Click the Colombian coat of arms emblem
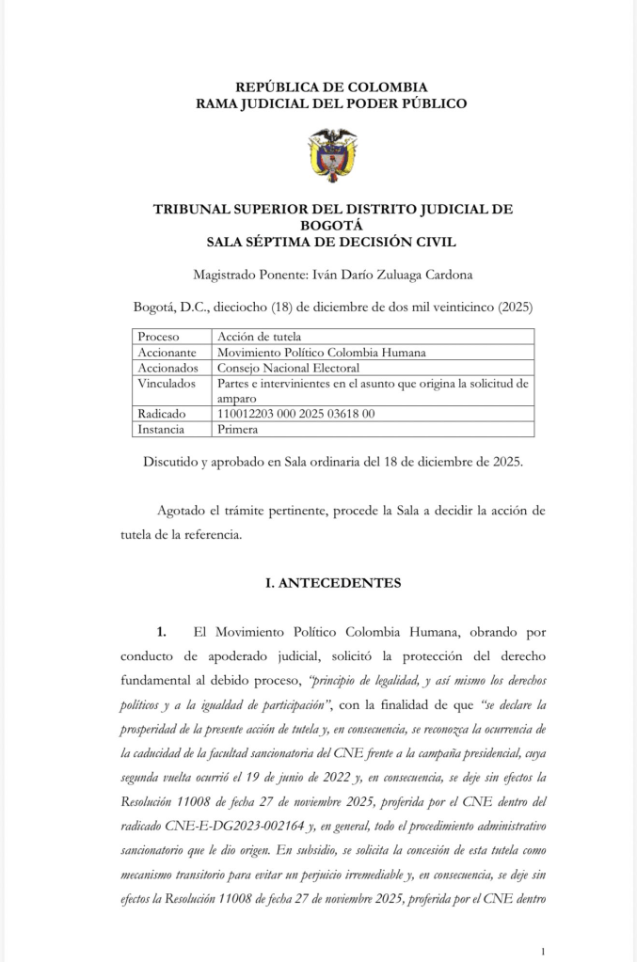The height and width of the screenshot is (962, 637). tap(332, 155)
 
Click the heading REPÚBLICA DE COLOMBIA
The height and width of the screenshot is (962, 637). tap(331, 87)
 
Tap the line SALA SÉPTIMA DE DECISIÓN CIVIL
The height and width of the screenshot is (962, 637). tap(331, 242)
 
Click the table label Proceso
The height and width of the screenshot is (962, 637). tap(158, 337)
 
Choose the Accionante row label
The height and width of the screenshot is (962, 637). tap(167, 353)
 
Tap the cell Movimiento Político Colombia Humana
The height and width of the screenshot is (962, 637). tap(322, 353)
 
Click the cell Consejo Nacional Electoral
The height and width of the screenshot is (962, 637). tap(288, 368)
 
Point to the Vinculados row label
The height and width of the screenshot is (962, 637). tap(167, 384)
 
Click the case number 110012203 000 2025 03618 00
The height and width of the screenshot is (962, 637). tap(296, 414)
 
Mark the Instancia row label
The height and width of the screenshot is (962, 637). tap(163, 429)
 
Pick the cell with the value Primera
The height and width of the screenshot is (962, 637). tap(237, 429)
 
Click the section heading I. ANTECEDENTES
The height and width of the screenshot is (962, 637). tap(333, 583)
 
